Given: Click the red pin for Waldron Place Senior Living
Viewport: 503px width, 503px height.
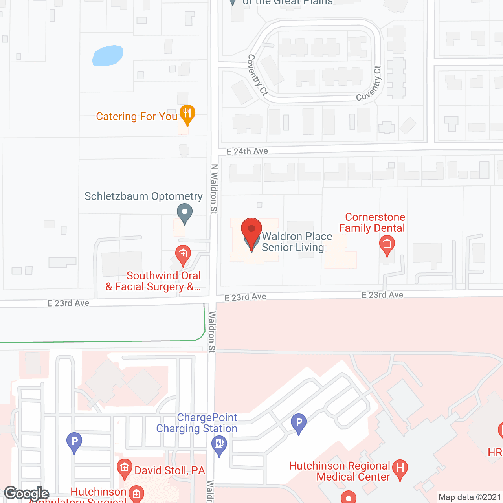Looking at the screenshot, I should click(x=251, y=229).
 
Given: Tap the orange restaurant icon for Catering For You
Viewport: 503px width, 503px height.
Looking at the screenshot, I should click(x=187, y=114).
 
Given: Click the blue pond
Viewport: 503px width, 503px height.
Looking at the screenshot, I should click(x=108, y=56).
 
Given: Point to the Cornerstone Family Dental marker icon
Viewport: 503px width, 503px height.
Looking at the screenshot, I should click(x=387, y=244).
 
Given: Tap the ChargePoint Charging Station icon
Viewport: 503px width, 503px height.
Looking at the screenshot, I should click(x=219, y=445).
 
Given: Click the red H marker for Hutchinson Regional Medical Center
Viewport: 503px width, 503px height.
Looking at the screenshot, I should click(x=400, y=468).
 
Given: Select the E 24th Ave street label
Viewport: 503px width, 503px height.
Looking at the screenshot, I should click(x=247, y=151).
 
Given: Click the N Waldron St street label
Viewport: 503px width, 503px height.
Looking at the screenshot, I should click(x=214, y=189).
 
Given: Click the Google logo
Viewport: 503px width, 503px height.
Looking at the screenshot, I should click(x=26, y=494).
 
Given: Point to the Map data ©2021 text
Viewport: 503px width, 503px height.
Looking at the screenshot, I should click(x=470, y=497).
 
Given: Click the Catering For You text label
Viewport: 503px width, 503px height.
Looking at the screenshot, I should click(x=137, y=116).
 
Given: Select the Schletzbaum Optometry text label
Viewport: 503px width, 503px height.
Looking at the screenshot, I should click(x=143, y=196).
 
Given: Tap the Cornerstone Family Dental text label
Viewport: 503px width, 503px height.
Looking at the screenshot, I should click(x=372, y=222).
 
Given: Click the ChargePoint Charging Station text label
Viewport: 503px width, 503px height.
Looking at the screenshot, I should click(x=197, y=423).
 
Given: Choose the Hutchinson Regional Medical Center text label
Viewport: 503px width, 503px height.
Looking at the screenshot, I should click(x=340, y=471).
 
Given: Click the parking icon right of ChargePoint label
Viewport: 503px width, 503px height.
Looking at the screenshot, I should click(x=299, y=423).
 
